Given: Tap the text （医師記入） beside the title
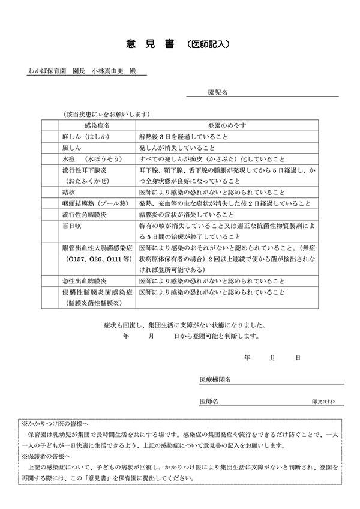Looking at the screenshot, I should point(207,44).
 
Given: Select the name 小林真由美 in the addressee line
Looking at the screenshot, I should point(110,71).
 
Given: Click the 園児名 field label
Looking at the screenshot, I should point(216,93).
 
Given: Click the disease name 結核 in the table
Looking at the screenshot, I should point(68,193).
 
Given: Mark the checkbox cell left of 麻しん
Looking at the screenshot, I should point(49,136).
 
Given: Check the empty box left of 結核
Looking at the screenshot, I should point(49,193).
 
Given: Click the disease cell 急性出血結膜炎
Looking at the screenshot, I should point(82,281).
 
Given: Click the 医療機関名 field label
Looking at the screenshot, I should point(215,380).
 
